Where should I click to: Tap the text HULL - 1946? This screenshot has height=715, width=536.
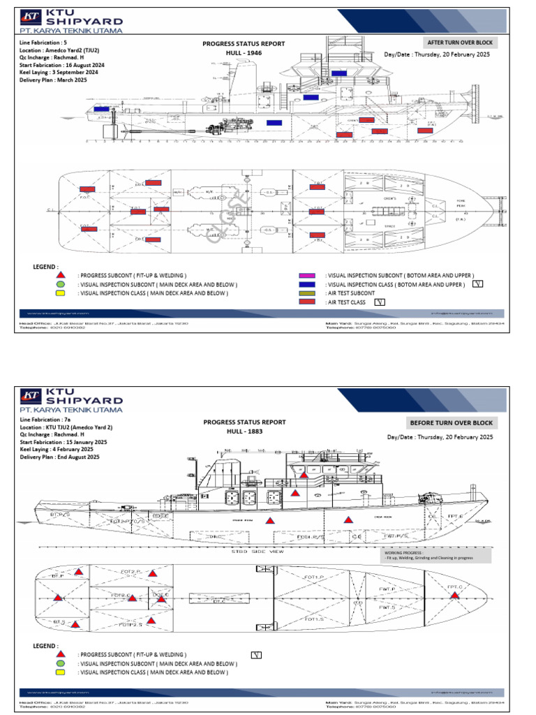coord(244,53)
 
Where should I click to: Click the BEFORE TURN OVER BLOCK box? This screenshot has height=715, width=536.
coord(451,423)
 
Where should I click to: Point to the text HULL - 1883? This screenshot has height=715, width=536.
coord(244,432)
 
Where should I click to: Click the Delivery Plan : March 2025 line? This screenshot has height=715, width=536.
coord(53,80)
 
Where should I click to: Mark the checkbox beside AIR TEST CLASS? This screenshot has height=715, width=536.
coord(380,302)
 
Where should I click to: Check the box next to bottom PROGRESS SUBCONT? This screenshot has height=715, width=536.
coord(256,654)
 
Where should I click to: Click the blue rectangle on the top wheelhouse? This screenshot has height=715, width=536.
coord(339,73)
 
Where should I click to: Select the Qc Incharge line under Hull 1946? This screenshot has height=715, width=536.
coord(49,57)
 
